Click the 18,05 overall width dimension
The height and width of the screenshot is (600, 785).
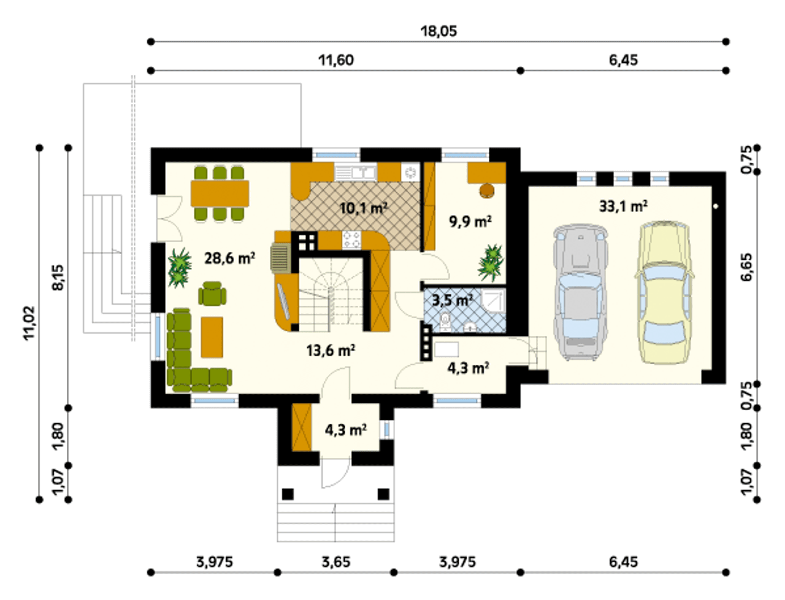point(438,31)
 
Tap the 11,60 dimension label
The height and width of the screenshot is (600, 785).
point(336,60)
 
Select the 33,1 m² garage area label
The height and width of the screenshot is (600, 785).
point(623,206)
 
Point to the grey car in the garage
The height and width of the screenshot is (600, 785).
point(580,292)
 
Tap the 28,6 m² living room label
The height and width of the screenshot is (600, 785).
point(229,258)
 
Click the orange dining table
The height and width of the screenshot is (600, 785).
point(220,193)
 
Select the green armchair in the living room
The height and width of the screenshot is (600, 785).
point(212,294)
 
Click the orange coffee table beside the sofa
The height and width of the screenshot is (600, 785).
point(212,337)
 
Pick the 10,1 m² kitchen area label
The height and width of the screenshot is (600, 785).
point(363,208)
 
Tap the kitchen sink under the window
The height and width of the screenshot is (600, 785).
point(355,173)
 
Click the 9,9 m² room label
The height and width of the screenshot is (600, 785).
point(470,222)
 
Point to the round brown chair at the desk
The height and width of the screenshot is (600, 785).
point(487,191)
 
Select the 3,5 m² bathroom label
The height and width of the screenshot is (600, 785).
point(453,300)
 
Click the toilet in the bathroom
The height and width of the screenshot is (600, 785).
point(445,321)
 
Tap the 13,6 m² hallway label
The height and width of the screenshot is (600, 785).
point(331,351)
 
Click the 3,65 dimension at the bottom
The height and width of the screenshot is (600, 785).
point(336,562)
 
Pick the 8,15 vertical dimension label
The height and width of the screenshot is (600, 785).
point(58,278)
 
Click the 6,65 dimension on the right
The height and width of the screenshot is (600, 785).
point(746,267)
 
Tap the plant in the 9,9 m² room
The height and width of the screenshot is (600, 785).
point(491,262)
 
